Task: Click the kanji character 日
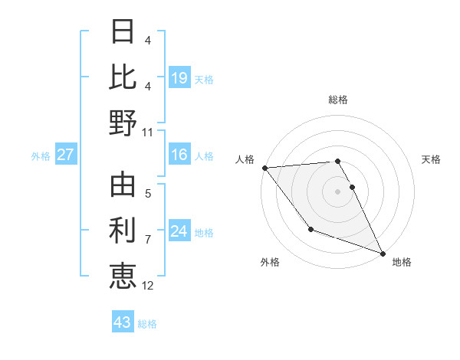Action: [x=123, y=32]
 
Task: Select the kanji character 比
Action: [x=123, y=77]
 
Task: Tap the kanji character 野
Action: [x=123, y=123]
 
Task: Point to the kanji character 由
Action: [x=123, y=185]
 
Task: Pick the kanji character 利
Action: [x=123, y=230]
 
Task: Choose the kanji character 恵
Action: [x=123, y=275]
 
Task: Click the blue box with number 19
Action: [x=179, y=77]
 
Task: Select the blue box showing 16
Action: [x=179, y=155]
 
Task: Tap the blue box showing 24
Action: [x=179, y=231]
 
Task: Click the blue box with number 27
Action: [x=65, y=155]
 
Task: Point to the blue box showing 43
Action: [x=123, y=322]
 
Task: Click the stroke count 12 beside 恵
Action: [x=148, y=286]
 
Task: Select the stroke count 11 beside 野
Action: [x=148, y=132]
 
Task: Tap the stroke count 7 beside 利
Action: [x=148, y=240]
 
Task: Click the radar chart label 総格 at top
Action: [x=338, y=100]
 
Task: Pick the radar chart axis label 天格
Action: [x=432, y=159]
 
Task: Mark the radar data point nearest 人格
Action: [x=264, y=168]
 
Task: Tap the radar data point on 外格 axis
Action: [x=310, y=229]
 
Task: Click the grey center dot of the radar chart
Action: [x=338, y=191]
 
